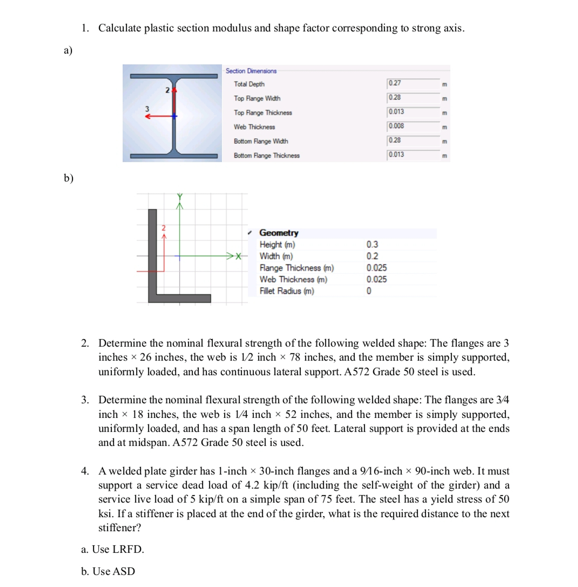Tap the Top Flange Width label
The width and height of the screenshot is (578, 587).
[257, 98]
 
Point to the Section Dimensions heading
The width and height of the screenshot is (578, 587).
[251, 71]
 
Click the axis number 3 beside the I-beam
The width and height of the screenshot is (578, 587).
[147, 109]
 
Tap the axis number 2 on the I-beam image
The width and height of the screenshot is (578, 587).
[167, 90]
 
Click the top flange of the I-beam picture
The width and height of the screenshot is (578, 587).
[174, 76]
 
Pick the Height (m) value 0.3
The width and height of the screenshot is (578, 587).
[372, 244]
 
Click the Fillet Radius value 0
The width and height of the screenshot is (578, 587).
[369, 291]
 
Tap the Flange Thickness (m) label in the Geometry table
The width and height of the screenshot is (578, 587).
[296, 268]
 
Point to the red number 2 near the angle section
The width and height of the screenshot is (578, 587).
[164, 228]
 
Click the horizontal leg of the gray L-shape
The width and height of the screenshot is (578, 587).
[182, 298]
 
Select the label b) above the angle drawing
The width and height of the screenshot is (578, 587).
[68, 178]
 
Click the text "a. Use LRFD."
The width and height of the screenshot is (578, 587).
[112, 549]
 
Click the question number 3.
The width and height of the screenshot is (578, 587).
[85, 399]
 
